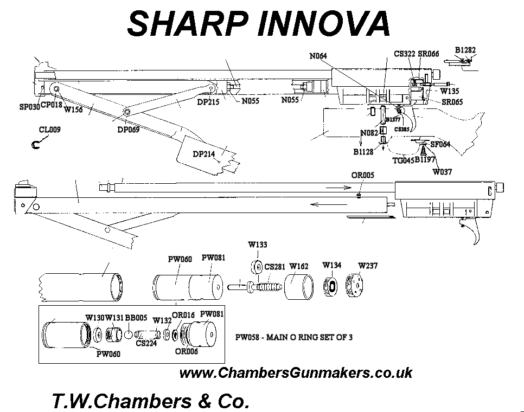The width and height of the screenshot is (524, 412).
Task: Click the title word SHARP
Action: pos(184,24)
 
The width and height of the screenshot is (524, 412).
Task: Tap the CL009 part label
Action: pos(50,130)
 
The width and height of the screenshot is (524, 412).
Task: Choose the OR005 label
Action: pos(363,176)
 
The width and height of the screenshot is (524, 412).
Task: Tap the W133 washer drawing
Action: pos(257,268)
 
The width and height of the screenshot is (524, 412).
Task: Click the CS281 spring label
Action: pos(274,266)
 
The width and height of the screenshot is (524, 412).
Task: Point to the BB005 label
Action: pos(136,317)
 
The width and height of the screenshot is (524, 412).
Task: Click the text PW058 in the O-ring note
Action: pos(247,337)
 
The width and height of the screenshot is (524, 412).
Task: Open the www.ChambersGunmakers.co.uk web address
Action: pos(296,374)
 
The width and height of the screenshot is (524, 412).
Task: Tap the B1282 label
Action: pos(465,50)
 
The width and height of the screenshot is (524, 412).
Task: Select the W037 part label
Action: pos(442,172)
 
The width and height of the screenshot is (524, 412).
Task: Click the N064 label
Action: pos(318,56)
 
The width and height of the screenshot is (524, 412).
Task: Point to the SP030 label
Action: pos(30,107)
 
